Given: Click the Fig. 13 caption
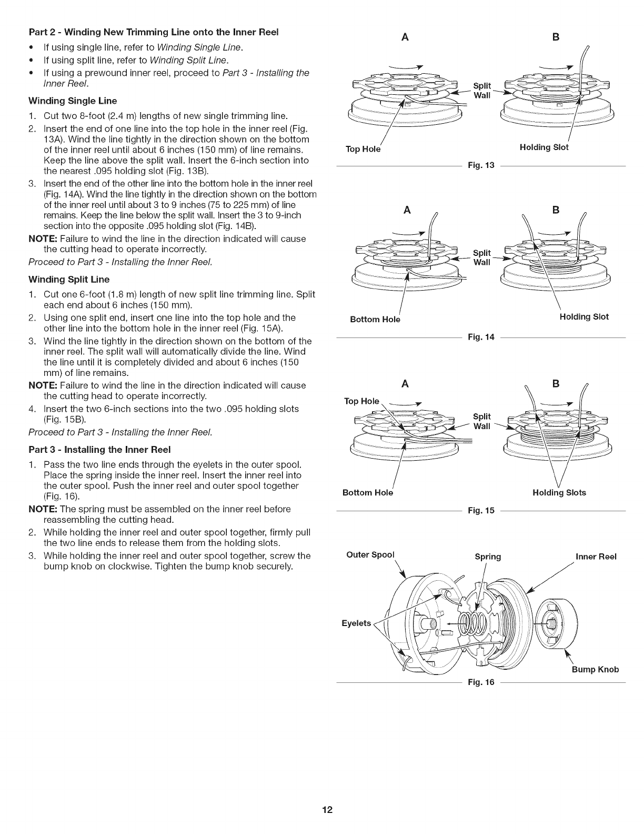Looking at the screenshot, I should coord(481,166).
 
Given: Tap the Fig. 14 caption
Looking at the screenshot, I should coord(481,337).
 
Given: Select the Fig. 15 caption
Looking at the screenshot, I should coord(481,511).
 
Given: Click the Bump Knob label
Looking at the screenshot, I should coord(595,670).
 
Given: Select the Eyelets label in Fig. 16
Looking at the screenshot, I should coord(356,623).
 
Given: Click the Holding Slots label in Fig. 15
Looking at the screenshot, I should coord(559,493).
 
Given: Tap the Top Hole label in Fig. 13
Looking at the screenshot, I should coord(363,149).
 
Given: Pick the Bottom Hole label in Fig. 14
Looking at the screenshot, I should coord(375,320).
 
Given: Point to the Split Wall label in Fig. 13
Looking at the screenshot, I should coord(482,91).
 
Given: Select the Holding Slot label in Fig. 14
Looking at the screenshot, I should coord(584,317).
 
